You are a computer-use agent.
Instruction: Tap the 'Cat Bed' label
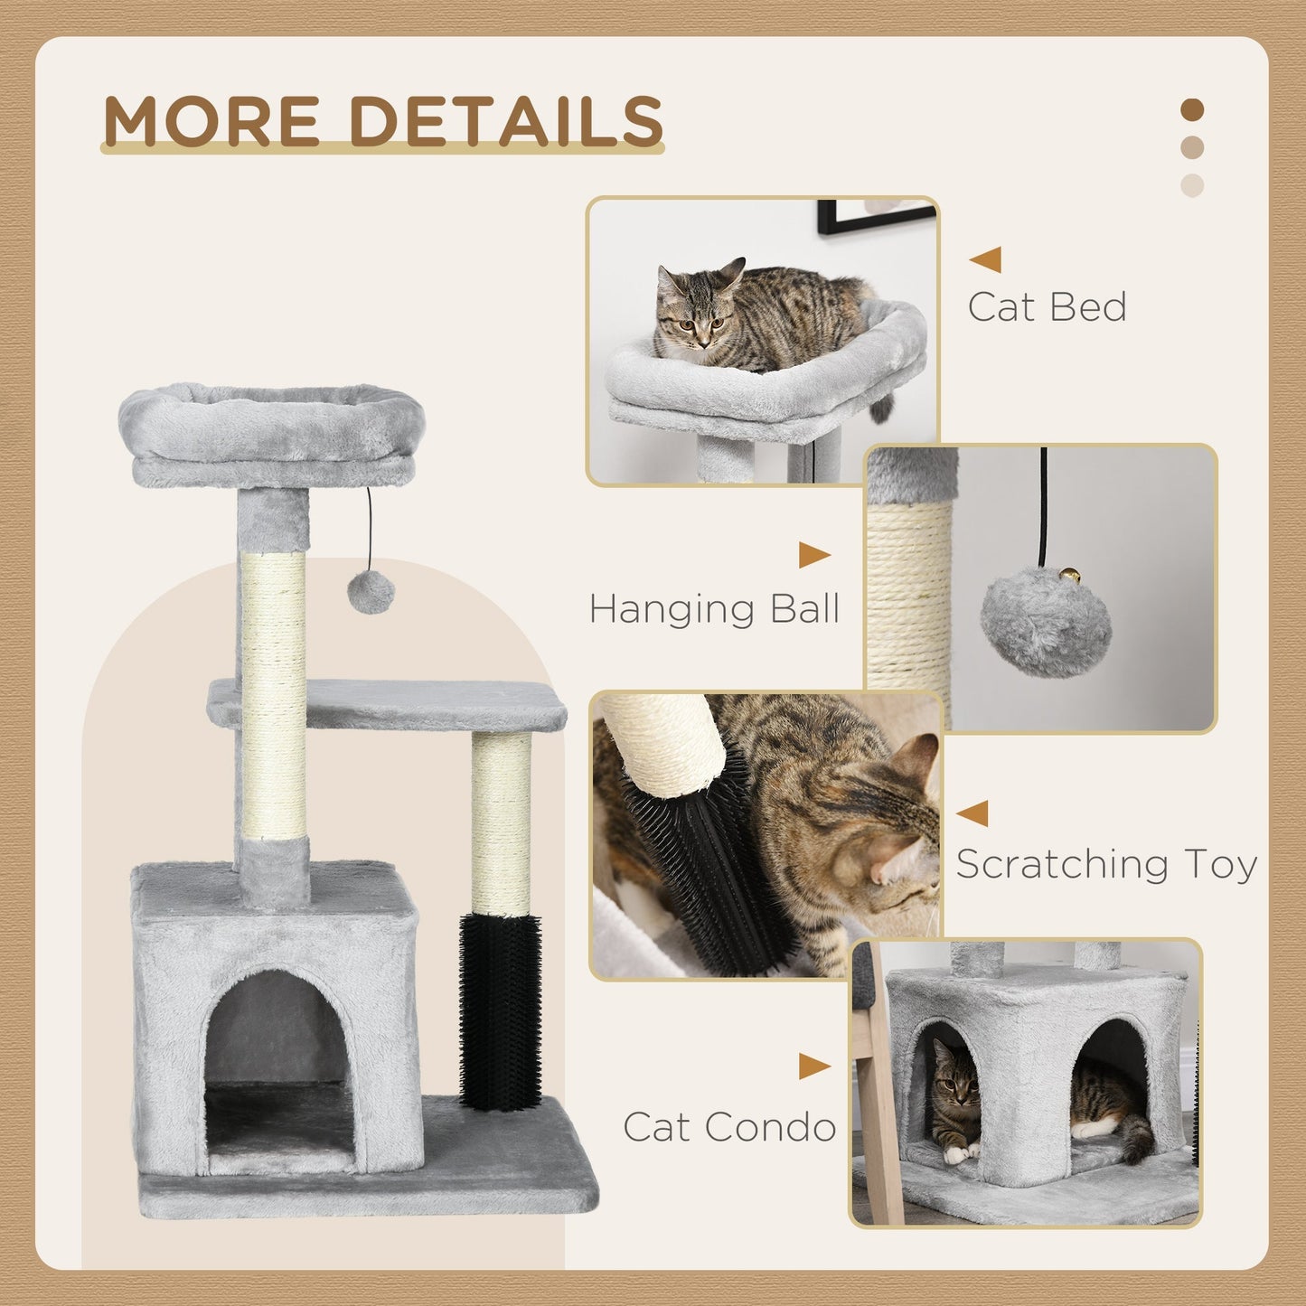pos(1047,307)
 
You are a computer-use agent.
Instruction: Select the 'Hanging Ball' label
pos(714,608)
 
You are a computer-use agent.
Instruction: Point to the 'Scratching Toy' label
pos(1106,864)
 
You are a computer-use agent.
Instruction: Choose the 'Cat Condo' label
pos(729,1126)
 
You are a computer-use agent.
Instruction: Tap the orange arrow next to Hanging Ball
pos(813,556)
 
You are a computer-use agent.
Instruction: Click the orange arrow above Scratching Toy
pos(972,813)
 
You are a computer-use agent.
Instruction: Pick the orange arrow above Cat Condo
pos(813,1066)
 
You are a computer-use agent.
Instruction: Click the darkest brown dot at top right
pos(1192,110)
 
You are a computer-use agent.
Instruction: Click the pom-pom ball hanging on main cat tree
pos(371,591)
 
